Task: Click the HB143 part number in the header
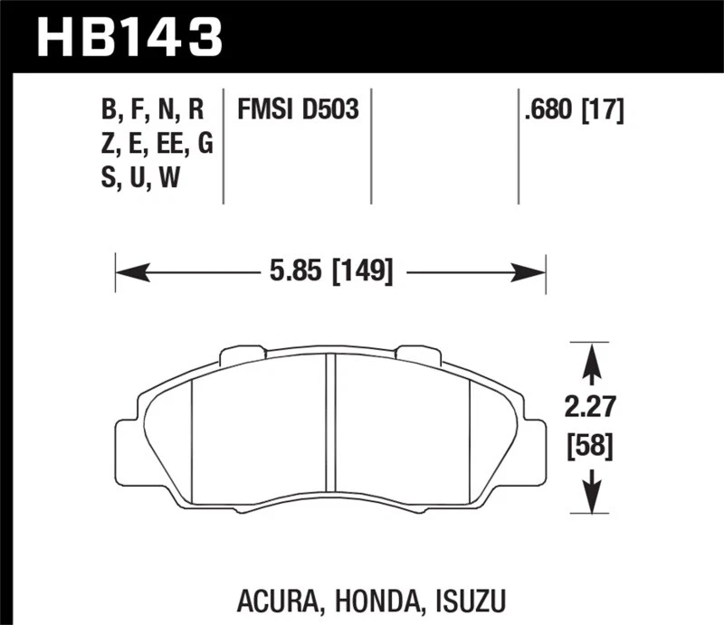tap(127, 37)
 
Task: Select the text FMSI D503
tap(298, 110)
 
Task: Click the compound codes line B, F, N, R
tap(154, 110)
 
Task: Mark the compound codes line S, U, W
tap(139, 178)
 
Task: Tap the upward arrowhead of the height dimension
tap(591, 357)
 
